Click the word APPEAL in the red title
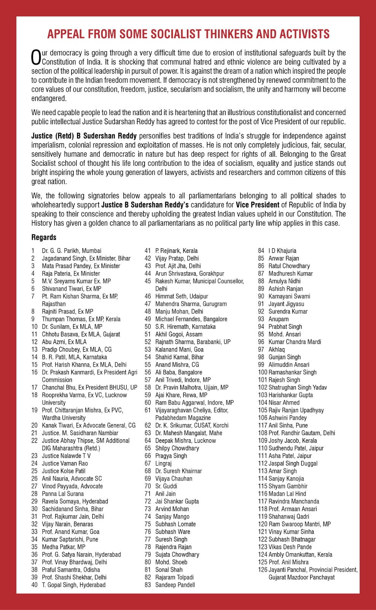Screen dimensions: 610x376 point(66,34)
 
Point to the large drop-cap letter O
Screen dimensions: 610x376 point(36,58)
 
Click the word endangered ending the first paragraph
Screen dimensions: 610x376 point(49,98)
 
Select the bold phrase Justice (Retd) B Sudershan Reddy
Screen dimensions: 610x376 point(84,136)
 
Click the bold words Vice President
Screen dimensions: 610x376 point(258,205)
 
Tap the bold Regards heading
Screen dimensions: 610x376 point(44,238)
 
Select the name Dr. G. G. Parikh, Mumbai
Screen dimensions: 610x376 point(72,251)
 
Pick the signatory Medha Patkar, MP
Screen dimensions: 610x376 point(64,547)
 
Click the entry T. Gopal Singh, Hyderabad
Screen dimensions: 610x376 point(73,585)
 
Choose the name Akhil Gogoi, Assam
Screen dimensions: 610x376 point(179,334)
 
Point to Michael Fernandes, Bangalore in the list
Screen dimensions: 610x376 point(191,319)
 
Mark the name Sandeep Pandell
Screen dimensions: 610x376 point(175,585)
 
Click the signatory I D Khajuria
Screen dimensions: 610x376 point(282,251)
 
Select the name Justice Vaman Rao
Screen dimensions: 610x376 point(65,463)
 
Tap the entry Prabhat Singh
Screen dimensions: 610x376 point(285,327)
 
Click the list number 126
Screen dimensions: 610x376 point(263,570)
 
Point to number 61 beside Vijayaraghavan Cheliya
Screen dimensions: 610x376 point(148,410)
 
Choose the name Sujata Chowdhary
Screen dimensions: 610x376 point(177,554)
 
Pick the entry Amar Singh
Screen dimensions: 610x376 point(283,471)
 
